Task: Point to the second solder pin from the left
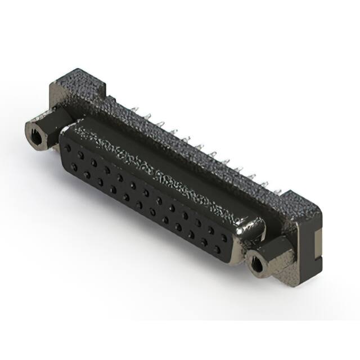pos(147,116)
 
